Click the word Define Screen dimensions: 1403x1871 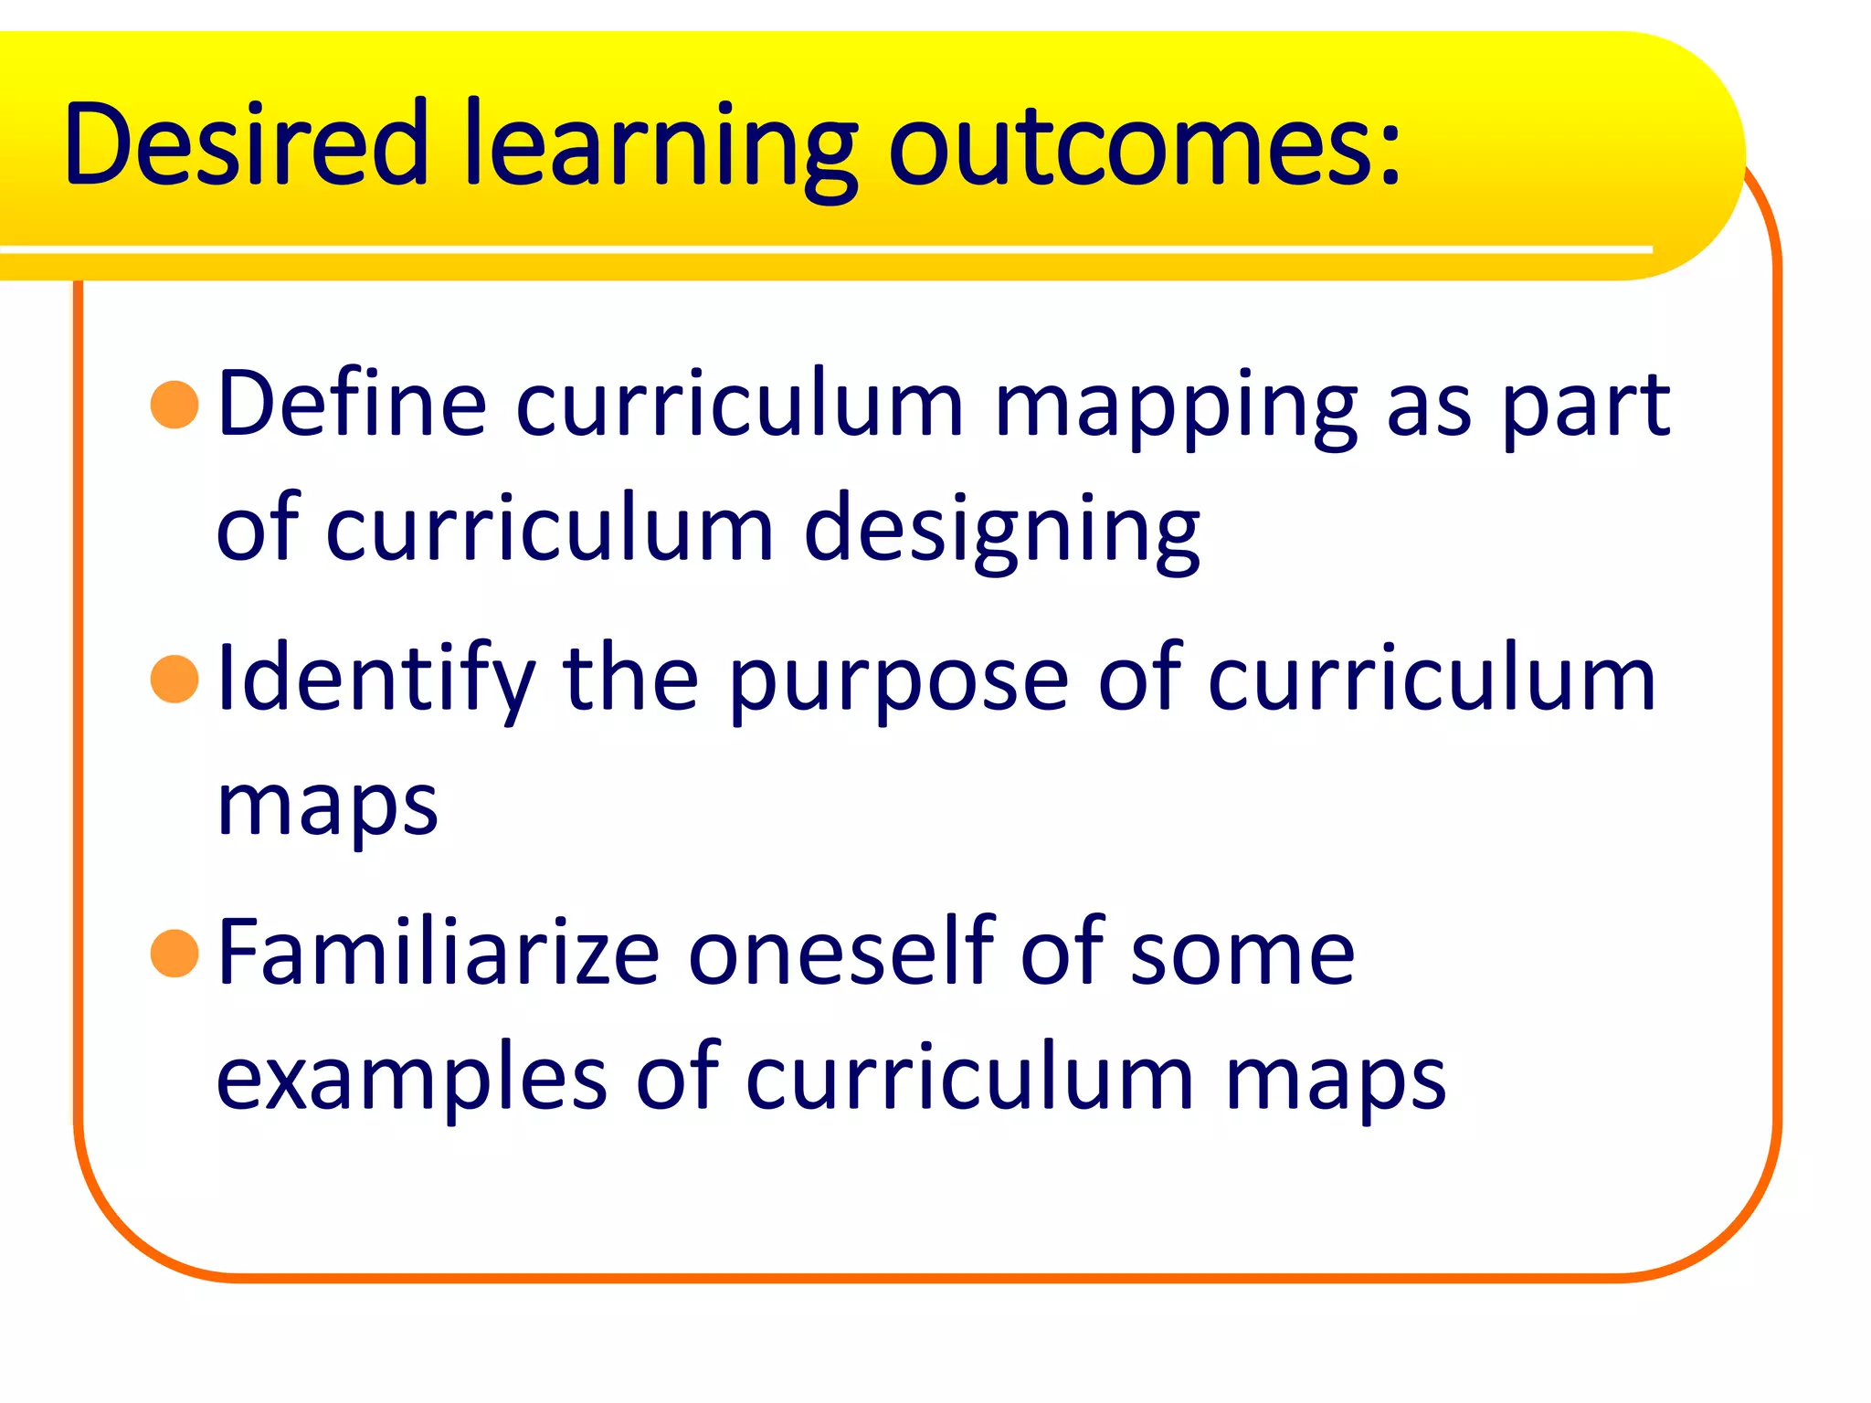pos(352,404)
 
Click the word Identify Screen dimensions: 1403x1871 pos(375,680)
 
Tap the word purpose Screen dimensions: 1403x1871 pos(899,683)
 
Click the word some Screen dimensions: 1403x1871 pos(1242,955)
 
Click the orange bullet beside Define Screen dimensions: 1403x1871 pos(174,405)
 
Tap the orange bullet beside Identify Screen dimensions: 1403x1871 pos(174,680)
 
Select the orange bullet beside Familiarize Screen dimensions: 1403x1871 pos(174,954)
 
